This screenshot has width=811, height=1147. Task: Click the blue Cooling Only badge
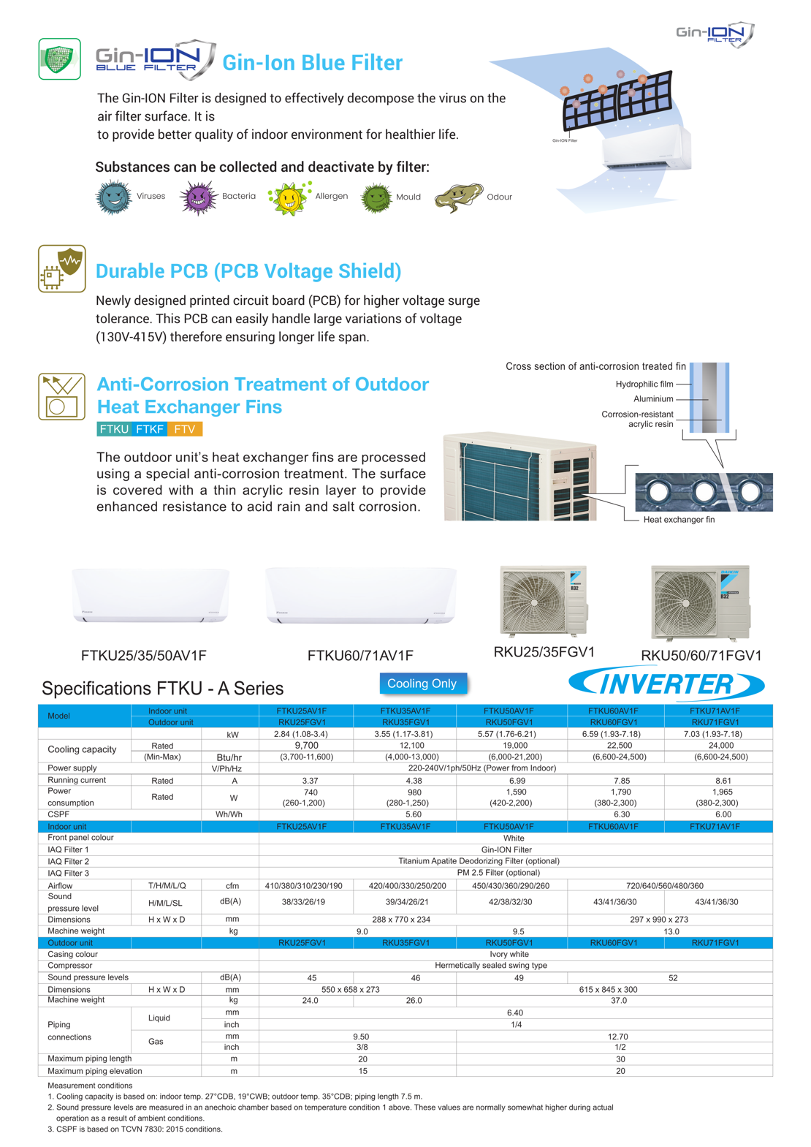click(x=422, y=684)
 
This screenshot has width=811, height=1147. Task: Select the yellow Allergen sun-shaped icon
click(x=289, y=197)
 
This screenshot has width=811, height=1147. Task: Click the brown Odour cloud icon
click(x=459, y=197)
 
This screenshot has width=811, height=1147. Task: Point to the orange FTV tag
click(x=185, y=429)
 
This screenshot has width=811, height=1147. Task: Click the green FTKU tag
click(x=114, y=429)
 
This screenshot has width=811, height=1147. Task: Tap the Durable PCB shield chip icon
click(x=62, y=268)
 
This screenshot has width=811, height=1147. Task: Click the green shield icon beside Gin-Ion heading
click(x=59, y=59)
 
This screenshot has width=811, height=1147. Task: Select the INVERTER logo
click(x=666, y=685)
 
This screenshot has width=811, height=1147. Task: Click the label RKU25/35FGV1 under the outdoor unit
click(x=544, y=652)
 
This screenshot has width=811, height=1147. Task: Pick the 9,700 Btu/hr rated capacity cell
click(x=306, y=746)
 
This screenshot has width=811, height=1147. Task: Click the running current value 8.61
click(x=723, y=780)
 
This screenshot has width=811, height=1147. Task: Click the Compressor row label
click(x=72, y=966)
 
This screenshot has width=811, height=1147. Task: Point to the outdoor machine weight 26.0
click(x=414, y=1001)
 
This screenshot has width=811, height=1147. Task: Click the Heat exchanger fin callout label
click(x=679, y=520)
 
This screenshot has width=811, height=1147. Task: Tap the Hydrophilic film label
click(x=644, y=384)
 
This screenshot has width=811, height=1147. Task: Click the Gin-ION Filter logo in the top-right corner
click(x=715, y=34)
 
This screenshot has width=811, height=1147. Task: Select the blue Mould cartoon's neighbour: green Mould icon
click(x=376, y=197)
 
